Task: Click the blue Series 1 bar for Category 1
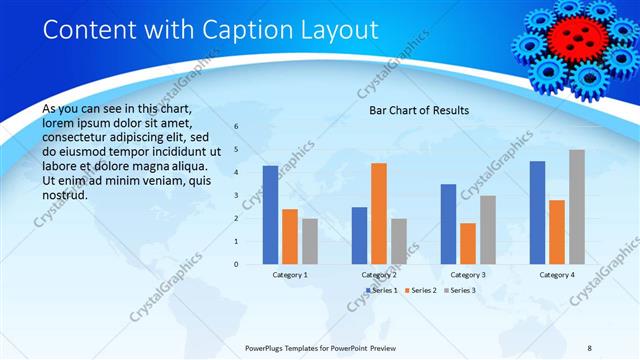(270, 215)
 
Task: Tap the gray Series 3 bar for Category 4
(577, 207)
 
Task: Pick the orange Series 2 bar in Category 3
(467, 243)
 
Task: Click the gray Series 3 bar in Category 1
(310, 241)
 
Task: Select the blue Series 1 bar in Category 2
(359, 235)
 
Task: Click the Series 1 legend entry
(381, 290)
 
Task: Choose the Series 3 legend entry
(460, 290)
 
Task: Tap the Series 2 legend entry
(421, 290)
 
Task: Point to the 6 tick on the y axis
(237, 127)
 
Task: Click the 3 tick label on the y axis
(237, 196)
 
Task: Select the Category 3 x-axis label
(467, 274)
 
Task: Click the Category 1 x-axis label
(290, 274)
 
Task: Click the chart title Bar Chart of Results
(419, 110)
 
